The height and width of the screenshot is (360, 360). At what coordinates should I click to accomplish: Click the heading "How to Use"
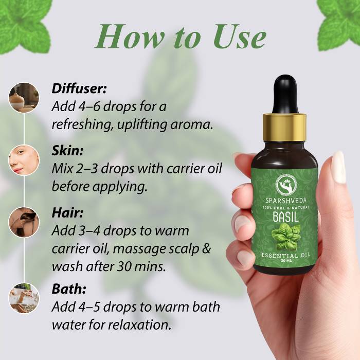pos(181,37)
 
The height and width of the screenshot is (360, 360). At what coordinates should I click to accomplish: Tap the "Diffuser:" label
pos(79,88)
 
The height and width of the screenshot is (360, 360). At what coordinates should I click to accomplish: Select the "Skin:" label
pos(67,151)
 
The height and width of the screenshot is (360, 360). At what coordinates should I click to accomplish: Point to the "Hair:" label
pos(67,212)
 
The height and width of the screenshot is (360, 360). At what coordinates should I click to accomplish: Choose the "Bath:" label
pos(69,289)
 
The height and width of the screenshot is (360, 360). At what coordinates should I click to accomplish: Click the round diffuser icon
pos(24,98)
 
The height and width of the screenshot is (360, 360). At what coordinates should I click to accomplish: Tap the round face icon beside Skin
pos(24,160)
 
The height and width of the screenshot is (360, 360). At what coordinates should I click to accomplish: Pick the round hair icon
pos(24,222)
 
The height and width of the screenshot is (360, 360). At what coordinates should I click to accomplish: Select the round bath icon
pos(24,298)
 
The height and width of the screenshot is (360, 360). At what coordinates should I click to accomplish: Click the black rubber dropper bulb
pos(285,94)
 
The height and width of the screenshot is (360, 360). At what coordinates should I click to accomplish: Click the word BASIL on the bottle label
pos(286,217)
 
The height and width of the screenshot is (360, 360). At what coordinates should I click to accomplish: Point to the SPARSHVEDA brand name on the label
pos(286,201)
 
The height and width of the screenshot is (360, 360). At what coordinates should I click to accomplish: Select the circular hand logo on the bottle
pos(286,184)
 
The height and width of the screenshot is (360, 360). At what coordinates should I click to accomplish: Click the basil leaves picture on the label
pos(285,238)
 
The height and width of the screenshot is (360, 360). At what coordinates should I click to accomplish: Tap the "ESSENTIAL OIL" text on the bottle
pos(286,256)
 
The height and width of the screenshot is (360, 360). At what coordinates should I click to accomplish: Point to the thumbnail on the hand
pos(339,167)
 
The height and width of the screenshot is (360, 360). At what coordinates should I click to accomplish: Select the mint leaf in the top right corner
pos(338,25)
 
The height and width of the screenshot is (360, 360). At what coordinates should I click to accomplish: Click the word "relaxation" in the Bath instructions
pos(139,325)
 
